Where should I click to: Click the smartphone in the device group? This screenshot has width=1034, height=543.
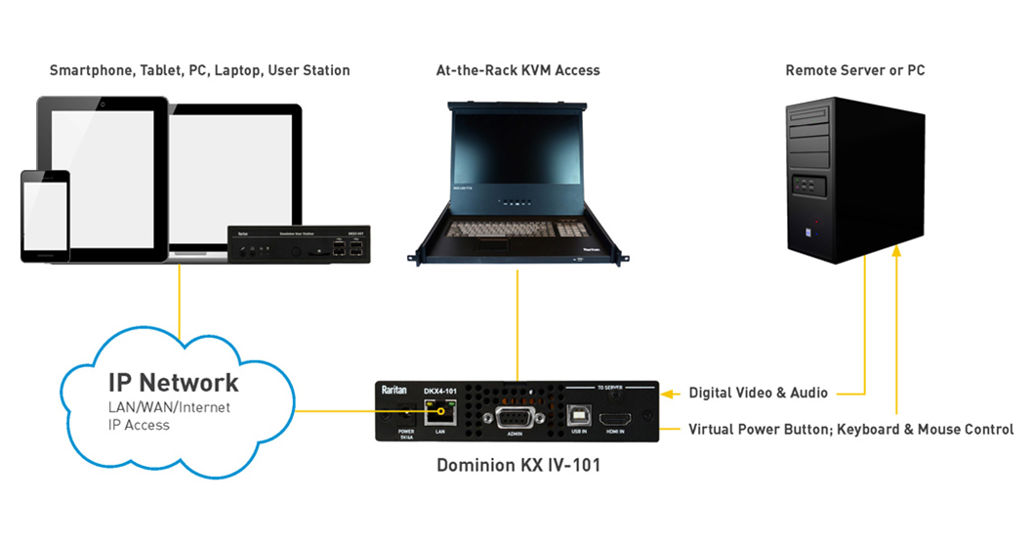pyautogui.click(x=46, y=216)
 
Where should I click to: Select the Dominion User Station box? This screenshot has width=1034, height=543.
pyautogui.click(x=297, y=244)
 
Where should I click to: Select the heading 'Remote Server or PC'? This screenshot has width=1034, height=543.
pyautogui.click(x=854, y=70)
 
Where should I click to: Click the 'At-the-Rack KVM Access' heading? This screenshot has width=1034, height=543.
pyautogui.click(x=517, y=70)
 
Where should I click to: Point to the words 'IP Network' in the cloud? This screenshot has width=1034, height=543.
pyautogui.click(x=173, y=383)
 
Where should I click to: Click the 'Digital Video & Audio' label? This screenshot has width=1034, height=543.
pyautogui.click(x=758, y=394)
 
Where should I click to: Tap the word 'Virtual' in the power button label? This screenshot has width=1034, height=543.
pyautogui.click(x=711, y=430)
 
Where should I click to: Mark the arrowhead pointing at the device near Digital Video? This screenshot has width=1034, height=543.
pyautogui.click(x=668, y=394)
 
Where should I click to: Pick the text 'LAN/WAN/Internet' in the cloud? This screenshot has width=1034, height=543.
pyautogui.click(x=169, y=407)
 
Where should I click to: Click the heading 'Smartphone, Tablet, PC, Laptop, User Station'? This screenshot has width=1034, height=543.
pyautogui.click(x=199, y=70)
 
